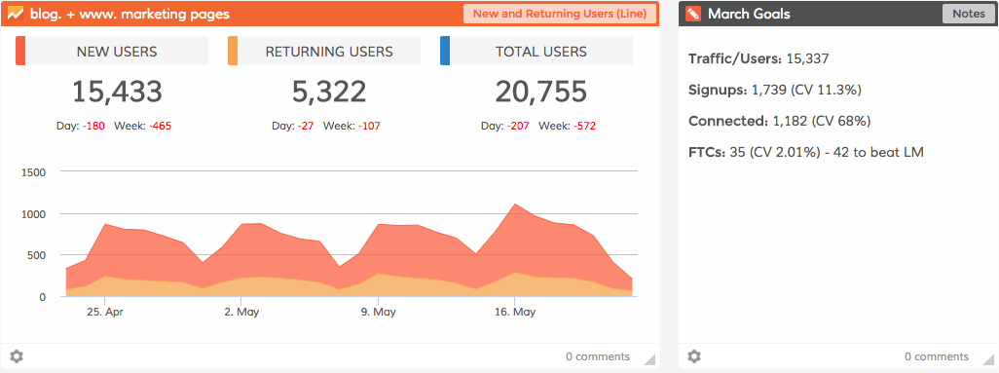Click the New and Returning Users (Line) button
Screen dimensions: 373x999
point(559,14)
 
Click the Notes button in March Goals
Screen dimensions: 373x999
point(968,14)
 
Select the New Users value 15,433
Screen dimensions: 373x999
point(117,93)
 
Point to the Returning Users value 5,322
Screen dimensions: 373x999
point(329,93)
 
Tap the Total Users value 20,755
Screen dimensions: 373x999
point(541,93)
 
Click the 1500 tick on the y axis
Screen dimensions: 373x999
point(34,172)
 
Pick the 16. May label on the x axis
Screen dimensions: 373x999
point(516,313)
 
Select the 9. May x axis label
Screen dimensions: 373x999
point(378,313)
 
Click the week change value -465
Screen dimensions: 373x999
point(161,126)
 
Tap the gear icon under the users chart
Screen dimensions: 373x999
point(16,356)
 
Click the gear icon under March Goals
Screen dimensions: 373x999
point(693,356)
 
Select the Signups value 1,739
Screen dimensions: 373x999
point(769,90)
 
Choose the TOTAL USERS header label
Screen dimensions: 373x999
point(541,52)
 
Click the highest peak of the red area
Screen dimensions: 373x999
point(515,205)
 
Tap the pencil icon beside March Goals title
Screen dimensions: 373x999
point(692,14)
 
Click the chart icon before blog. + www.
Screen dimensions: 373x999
point(16,14)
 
